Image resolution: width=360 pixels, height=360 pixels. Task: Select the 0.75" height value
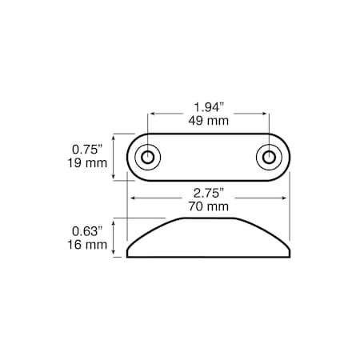point(89,149)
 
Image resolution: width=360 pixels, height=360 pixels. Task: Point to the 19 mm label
point(89,163)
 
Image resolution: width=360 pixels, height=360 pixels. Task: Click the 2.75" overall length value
point(209,192)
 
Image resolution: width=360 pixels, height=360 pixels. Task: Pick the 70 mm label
point(209,206)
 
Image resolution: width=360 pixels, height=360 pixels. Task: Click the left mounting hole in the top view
point(147,156)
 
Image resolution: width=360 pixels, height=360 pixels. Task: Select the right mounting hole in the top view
point(269,156)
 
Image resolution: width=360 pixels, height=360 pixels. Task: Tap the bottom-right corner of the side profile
point(289,257)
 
